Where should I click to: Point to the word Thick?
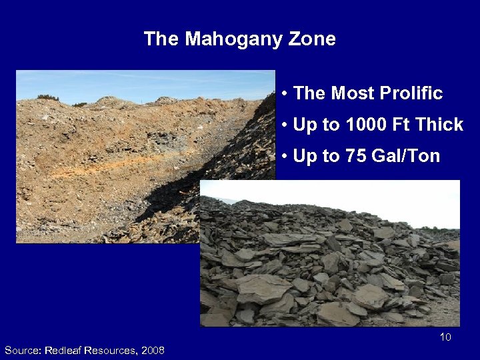(438, 125)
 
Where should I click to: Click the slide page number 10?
(445, 337)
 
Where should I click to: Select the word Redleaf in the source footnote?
(67, 350)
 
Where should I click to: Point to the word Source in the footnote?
(21, 350)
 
